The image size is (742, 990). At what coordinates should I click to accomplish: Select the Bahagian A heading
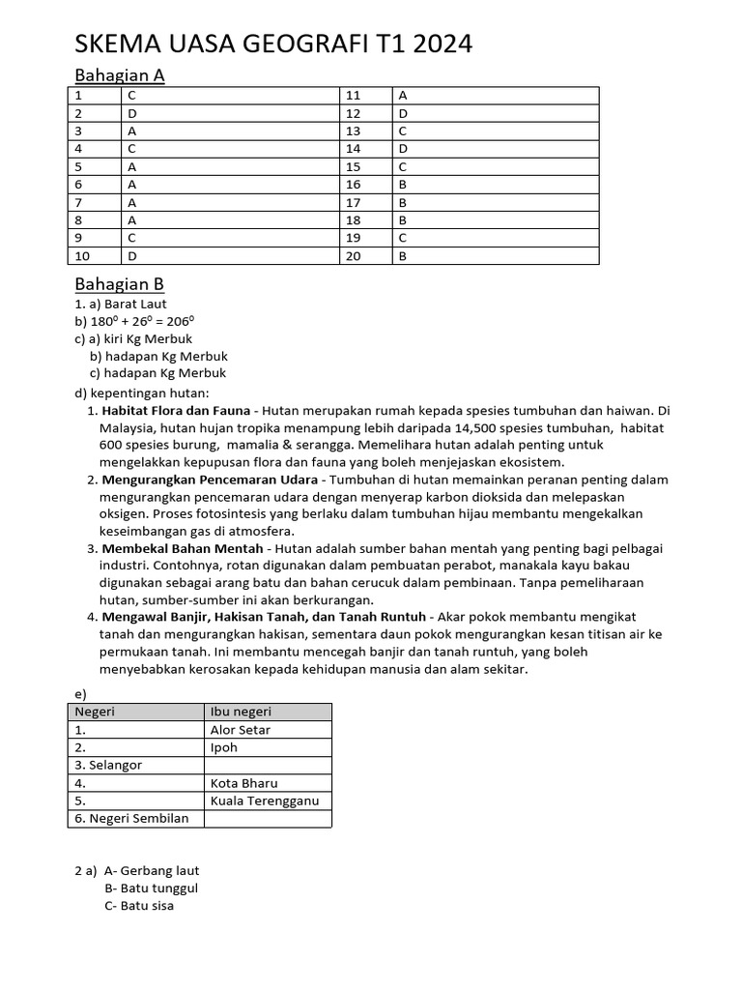[120, 75]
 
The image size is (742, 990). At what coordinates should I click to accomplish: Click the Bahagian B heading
[120, 284]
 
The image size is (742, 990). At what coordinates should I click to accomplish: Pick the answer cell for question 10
[230, 256]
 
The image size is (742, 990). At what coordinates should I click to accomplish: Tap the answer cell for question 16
[495, 184]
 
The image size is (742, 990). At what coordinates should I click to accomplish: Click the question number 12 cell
[365, 113]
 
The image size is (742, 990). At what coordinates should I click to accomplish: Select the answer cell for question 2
[230, 113]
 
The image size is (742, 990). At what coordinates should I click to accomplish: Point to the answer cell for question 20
[495, 256]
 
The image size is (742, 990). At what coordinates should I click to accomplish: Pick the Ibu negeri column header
[243, 712]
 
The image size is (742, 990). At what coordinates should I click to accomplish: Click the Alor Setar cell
[241, 730]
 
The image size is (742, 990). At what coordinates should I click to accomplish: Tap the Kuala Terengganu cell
[264, 801]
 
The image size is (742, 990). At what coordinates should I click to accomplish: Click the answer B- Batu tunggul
[151, 888]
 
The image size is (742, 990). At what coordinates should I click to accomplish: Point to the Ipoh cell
[224, 747]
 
